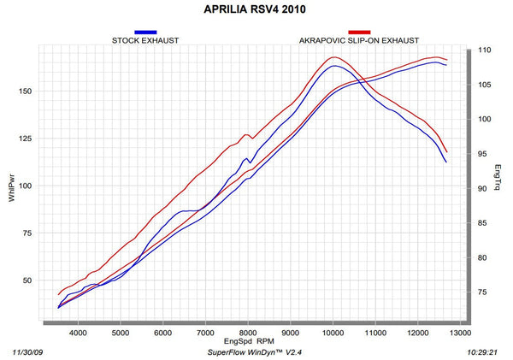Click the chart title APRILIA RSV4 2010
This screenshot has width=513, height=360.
pyautogui.click(x=255, y=9)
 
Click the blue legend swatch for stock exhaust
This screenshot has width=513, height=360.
pyautogui.click(x=145, y=32)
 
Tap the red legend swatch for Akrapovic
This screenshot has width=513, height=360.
pyautogui.click(x=359, y=32)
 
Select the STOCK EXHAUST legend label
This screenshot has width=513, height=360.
pyautogui.click(x=145, y=40)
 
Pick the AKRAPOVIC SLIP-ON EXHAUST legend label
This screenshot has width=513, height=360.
pyautogui.click(x=359, y=40)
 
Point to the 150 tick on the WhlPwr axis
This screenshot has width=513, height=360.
pyautogui.click(x=25, y=91)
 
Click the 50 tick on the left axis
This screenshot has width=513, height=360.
pyautogui.click(x=27, y=280)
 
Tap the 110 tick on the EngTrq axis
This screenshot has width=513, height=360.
pyautogui.click(x=485, y=50)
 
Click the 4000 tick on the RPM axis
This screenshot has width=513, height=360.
pyautogui.click(x=78, y=333)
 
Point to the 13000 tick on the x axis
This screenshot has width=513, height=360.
pyautogui.click(x=460, y=333)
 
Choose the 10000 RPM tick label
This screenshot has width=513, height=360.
pyautogui.click(x=333, y=333)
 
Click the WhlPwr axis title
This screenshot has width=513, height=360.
pyautogui.click(x=12, y=187)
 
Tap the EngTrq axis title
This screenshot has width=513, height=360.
pyautogui.click(x=498, y=177)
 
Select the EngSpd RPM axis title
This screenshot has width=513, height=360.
pyautogui.click(x=249, y=341)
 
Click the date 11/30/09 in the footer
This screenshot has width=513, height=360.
pyautogui.click(x=28, y=352)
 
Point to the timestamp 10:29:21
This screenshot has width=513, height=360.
pyautogui.click(x=482, y=352)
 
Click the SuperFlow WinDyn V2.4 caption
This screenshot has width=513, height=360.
pyautogui.click(x=255, y=352)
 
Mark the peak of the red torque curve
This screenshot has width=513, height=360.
pyautogui.click(x=333, y=57)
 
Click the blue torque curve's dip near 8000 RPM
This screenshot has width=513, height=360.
pyautogui.click(x=250, y=162)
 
